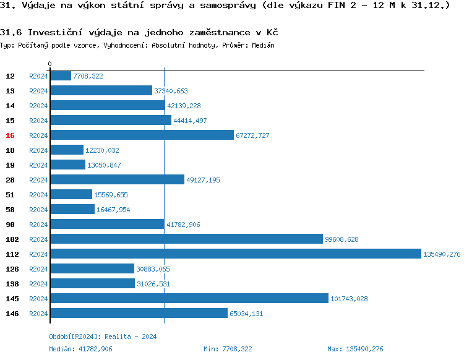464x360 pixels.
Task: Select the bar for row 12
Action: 61,75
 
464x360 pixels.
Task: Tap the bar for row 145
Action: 189,298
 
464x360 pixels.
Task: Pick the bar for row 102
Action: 186,239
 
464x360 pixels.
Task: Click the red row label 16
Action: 10,135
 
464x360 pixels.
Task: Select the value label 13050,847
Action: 104,165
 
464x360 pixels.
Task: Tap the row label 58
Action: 10,210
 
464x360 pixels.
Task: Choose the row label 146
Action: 12,314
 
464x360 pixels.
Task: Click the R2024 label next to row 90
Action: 38,225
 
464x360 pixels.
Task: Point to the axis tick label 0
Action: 49,64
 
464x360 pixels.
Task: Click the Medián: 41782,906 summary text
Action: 80,349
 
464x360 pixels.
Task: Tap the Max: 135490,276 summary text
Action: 355,349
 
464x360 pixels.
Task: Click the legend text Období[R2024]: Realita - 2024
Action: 103,336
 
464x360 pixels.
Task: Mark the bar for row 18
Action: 67,150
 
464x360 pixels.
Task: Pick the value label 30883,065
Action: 153,269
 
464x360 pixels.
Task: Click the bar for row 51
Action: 71,194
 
